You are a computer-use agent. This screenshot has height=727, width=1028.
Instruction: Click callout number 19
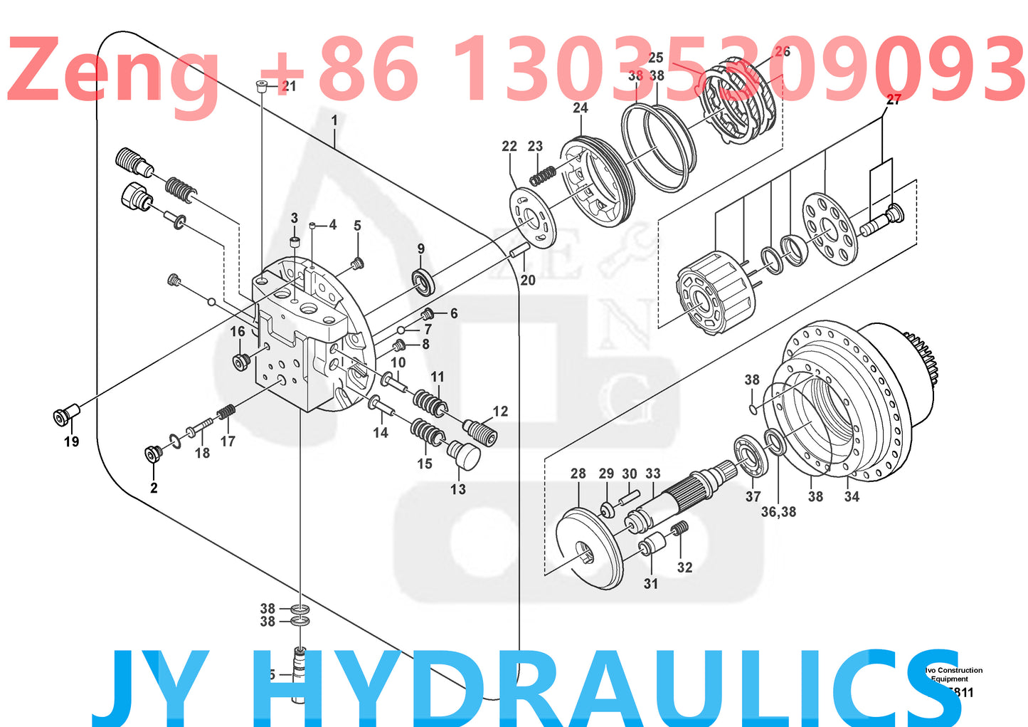point(71,442)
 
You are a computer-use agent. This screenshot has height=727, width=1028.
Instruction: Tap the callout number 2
point(154,488)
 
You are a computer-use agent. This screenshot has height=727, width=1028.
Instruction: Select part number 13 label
point(458,489)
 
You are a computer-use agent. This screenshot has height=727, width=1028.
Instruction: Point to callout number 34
point(852,496)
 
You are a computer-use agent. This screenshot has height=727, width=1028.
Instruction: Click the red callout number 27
point(894,100)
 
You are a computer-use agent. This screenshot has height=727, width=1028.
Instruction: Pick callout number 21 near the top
point(289,86)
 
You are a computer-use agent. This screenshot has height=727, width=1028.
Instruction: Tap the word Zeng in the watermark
point(114,71)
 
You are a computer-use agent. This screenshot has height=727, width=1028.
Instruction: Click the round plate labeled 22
point(533,216)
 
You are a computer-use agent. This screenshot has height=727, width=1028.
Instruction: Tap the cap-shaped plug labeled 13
point(464,454)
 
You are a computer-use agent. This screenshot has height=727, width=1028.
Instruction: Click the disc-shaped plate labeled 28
point(589,547)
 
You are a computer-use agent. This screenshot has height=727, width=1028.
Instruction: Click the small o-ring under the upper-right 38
point(753,409)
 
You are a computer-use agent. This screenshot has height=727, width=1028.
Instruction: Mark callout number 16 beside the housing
point(238,331)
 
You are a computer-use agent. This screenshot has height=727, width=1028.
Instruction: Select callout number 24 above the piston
point(581,108)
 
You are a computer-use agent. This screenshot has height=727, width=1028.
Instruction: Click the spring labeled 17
point(226,412)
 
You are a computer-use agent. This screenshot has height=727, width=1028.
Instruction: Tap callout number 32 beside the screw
point(684,568)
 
